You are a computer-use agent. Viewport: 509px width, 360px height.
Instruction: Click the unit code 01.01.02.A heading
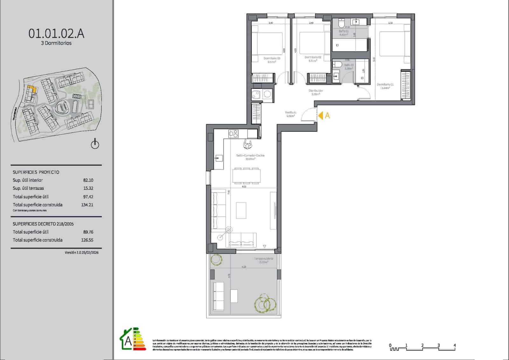(56, 33)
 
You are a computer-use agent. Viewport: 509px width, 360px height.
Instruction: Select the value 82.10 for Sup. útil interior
(88, 180)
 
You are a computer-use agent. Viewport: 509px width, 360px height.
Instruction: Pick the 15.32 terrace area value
(88, 188)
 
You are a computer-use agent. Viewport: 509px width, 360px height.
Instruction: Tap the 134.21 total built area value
(87, 205)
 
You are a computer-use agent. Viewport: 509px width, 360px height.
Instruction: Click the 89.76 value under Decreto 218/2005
(88, 232)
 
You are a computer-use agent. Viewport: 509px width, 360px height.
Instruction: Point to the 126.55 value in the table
(87, 240)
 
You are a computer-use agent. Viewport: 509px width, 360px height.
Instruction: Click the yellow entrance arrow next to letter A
(321, 116)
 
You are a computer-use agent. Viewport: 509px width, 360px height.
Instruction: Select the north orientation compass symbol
(95, 144)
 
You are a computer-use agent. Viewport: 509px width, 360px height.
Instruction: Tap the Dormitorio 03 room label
(272, 59)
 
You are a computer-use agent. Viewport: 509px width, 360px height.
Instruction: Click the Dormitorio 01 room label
(385, 85)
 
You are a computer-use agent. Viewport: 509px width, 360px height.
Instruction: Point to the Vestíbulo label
(290, 112)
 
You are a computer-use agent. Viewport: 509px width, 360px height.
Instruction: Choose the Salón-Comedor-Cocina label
(250, 156)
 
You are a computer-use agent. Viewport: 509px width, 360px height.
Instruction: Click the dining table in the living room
(246, 176)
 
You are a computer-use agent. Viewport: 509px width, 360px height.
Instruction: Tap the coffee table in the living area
(241, 210)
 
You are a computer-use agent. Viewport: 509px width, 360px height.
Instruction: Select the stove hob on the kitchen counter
(233, 134)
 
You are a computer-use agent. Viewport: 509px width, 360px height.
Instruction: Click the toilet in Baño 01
(341, 24)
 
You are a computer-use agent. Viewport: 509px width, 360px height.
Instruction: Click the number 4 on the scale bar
(455, 345)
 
